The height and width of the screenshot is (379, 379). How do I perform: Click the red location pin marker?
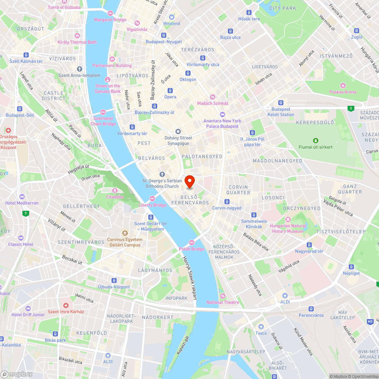(189, 181)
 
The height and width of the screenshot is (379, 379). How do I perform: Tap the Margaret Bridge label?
(110, 20)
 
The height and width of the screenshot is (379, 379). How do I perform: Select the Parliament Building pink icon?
(112, 59)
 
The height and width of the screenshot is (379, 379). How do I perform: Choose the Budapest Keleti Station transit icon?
(280, 102)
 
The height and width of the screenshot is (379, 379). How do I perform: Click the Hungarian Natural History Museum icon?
(288, 219)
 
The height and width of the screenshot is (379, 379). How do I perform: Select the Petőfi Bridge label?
(192, 249)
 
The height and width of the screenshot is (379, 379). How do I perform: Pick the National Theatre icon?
(222, 296)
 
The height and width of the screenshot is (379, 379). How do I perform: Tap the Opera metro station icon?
(170, 90)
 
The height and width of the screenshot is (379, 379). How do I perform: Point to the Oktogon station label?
(188, 80)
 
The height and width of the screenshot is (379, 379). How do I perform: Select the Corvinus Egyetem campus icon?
(124, 233)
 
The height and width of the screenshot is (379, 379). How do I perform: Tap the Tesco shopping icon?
(261, 327)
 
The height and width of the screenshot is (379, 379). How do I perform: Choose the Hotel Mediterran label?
(22, 203)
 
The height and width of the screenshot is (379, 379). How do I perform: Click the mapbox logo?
(17, 374)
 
